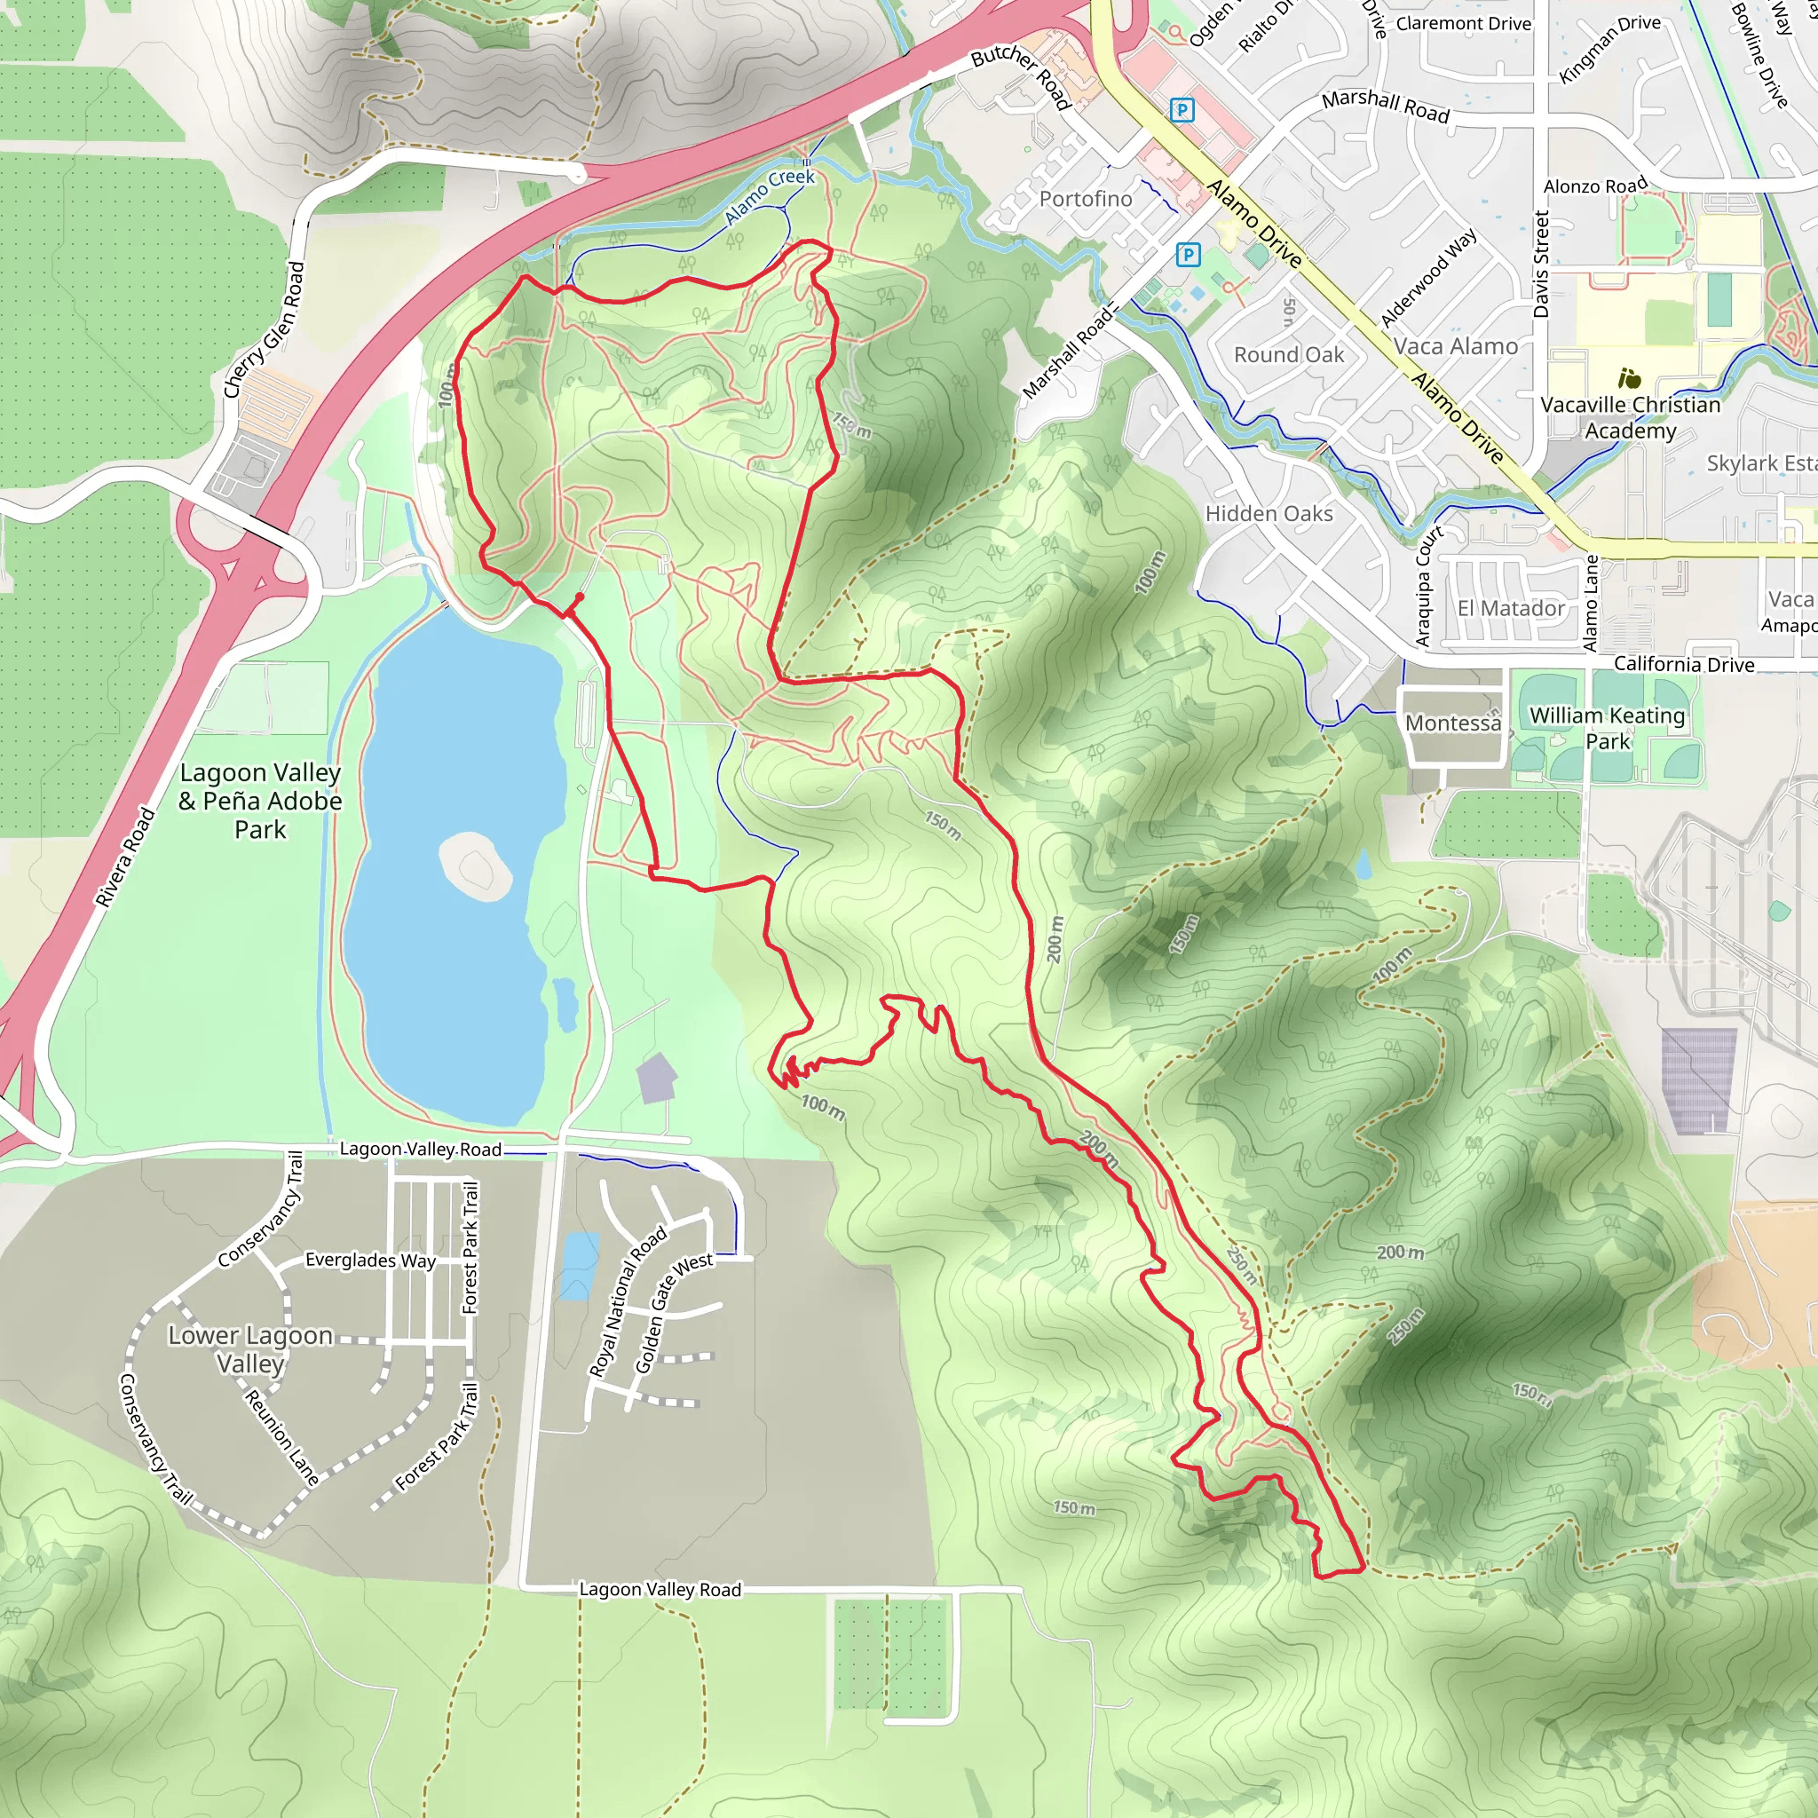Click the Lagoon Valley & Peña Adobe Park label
click(260, 801)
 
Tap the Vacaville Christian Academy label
click(1630, 417)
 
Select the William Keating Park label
click(1608, 727)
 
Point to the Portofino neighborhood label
click(1085, 199)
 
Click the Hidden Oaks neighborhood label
click(1269, 514)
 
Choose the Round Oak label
click(1288, 355)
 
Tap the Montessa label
click(1453, 723)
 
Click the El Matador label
click(1510, 608)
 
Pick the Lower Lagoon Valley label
click(249, 1348)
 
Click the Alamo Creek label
click(769, 195)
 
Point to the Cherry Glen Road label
click(265, 329)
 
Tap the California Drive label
click(1683, 664)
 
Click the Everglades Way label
click(370, 1260)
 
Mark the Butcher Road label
click(1021, 75)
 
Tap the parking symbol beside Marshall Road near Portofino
click(1189, 255)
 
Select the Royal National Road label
click(627, 1300)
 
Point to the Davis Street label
click(1540, 264)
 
